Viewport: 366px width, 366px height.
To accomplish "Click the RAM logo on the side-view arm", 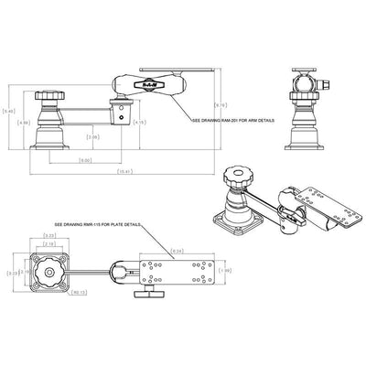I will click(x=146, y=85).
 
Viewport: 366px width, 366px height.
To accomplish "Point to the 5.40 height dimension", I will click(x=9, y=112).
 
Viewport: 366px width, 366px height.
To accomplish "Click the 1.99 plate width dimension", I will click(x=229, y=270).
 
